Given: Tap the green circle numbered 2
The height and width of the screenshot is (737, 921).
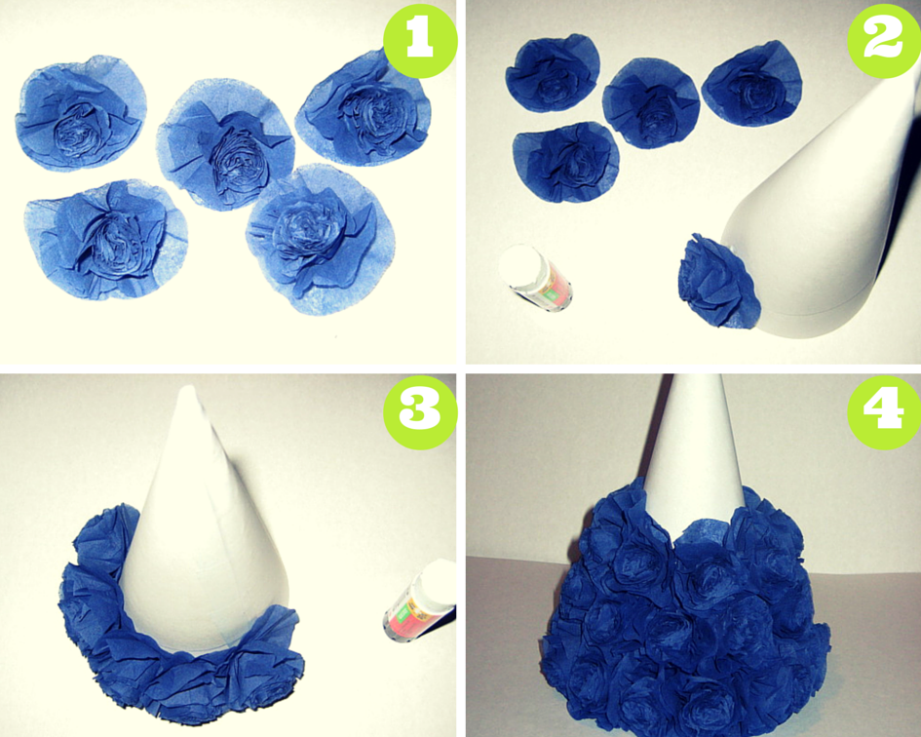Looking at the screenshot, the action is [x=884, y=40].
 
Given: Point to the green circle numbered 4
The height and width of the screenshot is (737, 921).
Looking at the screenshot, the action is [x=884, y=411].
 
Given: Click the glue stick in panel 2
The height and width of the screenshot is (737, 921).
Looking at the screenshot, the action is [x=535, y=277].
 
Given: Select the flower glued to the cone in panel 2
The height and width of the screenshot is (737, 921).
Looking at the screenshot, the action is [x=718, y=280].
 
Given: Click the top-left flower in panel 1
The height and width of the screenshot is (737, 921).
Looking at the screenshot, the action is [x=81, y=113].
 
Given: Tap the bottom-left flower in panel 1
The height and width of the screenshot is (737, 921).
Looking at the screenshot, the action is [x=105, y=239].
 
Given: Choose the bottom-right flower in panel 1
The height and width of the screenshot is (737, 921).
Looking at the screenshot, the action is [x=320, y=238].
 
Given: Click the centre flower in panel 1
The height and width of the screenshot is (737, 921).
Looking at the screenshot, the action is [x=225, y=145].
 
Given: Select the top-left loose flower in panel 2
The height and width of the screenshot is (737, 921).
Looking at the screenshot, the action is [x=553, y=72].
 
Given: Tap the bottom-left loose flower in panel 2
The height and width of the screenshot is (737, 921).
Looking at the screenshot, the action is [x=565, y=162].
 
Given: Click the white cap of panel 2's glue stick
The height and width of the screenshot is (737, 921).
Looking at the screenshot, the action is [x=519, y=265].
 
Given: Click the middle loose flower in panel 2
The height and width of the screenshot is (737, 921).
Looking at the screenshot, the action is [x=651, y=103].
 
